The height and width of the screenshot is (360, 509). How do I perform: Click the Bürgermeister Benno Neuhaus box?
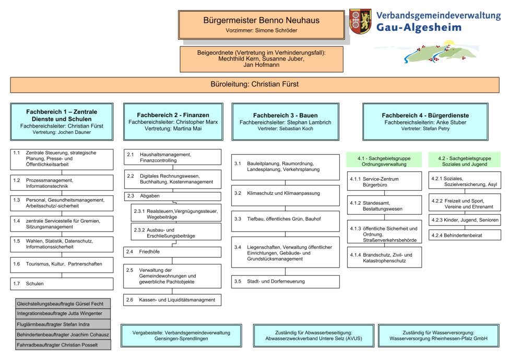tap(261, 25)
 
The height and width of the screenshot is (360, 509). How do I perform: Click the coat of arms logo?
tap(360, 21)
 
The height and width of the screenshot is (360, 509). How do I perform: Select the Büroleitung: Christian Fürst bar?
tap(255, 84)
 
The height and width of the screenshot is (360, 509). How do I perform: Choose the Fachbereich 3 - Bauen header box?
tap(285, 121)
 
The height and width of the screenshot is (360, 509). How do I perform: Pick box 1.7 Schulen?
tap(62, 284)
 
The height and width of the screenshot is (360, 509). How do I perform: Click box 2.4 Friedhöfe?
tap(172, 252)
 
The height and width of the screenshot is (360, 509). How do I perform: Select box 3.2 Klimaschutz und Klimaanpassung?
tap(285, 193)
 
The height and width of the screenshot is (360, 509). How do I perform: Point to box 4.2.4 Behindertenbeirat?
tap(465, 236)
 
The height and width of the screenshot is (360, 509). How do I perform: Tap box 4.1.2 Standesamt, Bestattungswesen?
tap(384, 205)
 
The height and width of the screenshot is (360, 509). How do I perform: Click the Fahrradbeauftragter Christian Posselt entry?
tap(63, 345)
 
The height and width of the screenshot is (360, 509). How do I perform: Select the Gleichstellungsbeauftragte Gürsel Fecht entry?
tap(63, 304)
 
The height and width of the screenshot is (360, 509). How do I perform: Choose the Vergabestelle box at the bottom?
tap(181, 335)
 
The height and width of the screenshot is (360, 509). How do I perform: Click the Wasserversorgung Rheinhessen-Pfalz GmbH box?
tap(438, 335)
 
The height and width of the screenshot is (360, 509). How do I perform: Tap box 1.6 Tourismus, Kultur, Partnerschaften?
tap(62, 264)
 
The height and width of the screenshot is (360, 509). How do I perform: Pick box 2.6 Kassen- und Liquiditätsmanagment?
tap(172, 300)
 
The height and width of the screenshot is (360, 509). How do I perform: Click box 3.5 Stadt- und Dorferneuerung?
tap(285, 282)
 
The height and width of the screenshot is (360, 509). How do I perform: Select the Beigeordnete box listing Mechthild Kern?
tap(261, 59)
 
